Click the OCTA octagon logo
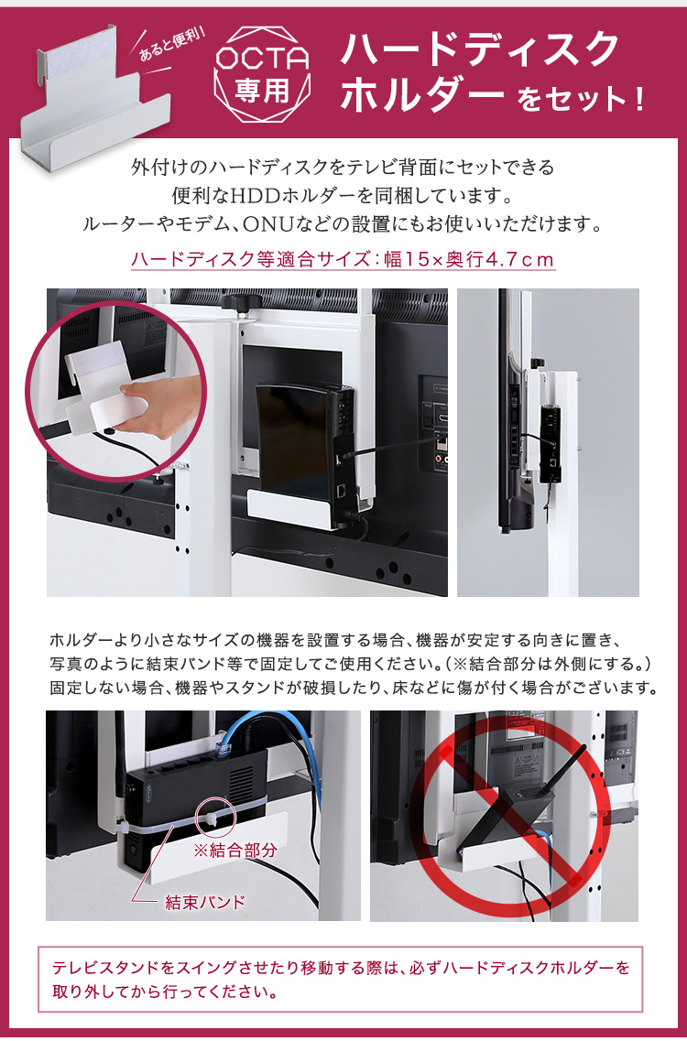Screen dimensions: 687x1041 pyautogui.click(x=263, y=73)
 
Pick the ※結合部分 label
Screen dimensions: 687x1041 pyautogui.click(x=234, y=851)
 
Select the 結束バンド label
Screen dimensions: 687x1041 pyautogui.click(x=205, y=902)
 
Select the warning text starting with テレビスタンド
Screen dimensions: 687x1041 pyautogui.click(x=341, y=980)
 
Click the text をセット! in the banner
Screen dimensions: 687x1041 pyautogui.click(x=580, y=100)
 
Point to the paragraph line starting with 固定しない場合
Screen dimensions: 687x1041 pyautogui.click(x=354, y=688)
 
